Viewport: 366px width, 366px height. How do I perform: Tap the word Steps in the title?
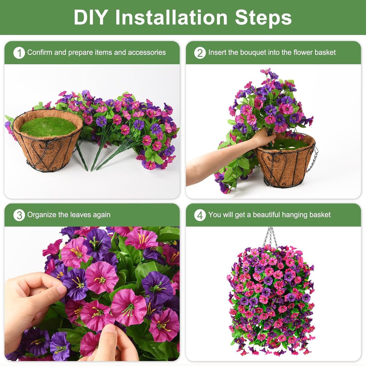[263, 17]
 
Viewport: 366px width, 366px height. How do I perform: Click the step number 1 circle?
[19, 53]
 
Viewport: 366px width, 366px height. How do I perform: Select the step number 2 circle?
[200, 53]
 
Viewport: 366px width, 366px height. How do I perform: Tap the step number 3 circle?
[19, 215]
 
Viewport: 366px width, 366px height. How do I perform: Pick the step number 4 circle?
[200, 215]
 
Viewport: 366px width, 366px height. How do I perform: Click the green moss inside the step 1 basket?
[48, 126]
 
